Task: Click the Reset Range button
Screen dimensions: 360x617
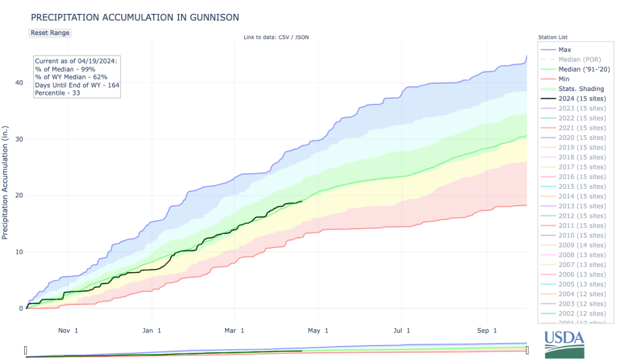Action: pyautogui.click(x=50, y=33)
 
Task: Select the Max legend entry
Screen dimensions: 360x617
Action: pyautogui.click(x=565, y=50)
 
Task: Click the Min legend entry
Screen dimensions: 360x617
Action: pyautogui.click(x=565, y=79)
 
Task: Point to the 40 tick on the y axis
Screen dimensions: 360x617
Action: pyautogui.click(x=19, y=83)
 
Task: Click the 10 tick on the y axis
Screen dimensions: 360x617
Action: pyautogui.click(x=19, y=251)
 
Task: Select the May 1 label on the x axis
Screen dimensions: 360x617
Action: pyautogui.click(x=318, y=330)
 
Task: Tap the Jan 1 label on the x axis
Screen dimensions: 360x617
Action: pyautogui.click(x=151, y=330)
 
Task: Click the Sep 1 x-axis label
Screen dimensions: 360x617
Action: pyautogui.click(x=487, y=330)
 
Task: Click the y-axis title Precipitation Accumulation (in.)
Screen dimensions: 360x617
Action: pyautogui.click(x=5, y=182)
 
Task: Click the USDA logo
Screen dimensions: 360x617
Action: pyautogui.click(x=565, y=344)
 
